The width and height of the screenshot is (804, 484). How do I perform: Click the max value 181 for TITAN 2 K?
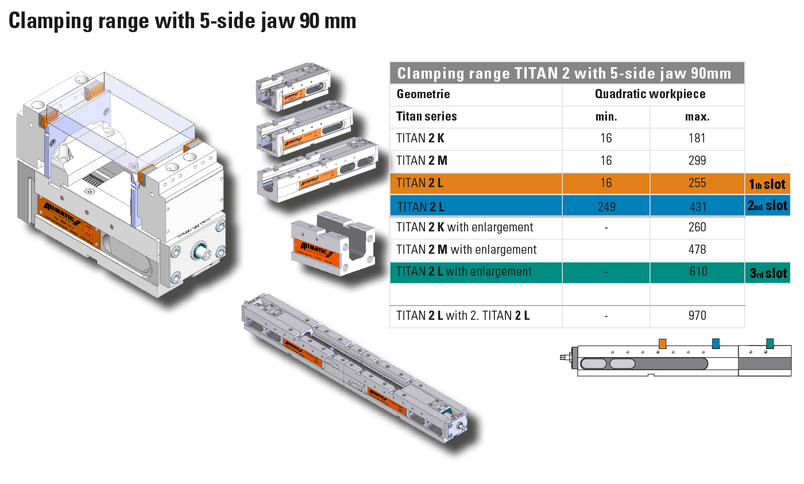click(x=697, y=138)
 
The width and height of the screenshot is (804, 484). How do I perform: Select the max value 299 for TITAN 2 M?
click(x=697, y=160)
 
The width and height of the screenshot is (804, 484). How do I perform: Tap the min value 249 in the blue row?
click(x=606, y=207)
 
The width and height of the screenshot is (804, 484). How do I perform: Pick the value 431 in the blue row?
click(x=697, y=207)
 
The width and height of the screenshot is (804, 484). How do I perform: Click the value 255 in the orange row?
click(x=697, y=183)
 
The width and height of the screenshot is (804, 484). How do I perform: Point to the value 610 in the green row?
click(x=698, y=271)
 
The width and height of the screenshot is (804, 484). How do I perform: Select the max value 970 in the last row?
click(x=697, y=315)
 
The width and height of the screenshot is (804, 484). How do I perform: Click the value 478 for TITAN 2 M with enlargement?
click(x=697, y=249)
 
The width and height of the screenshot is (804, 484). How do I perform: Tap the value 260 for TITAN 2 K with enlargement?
click(x=697, y=227)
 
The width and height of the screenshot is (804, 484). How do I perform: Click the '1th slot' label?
click(x=767, y=184)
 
